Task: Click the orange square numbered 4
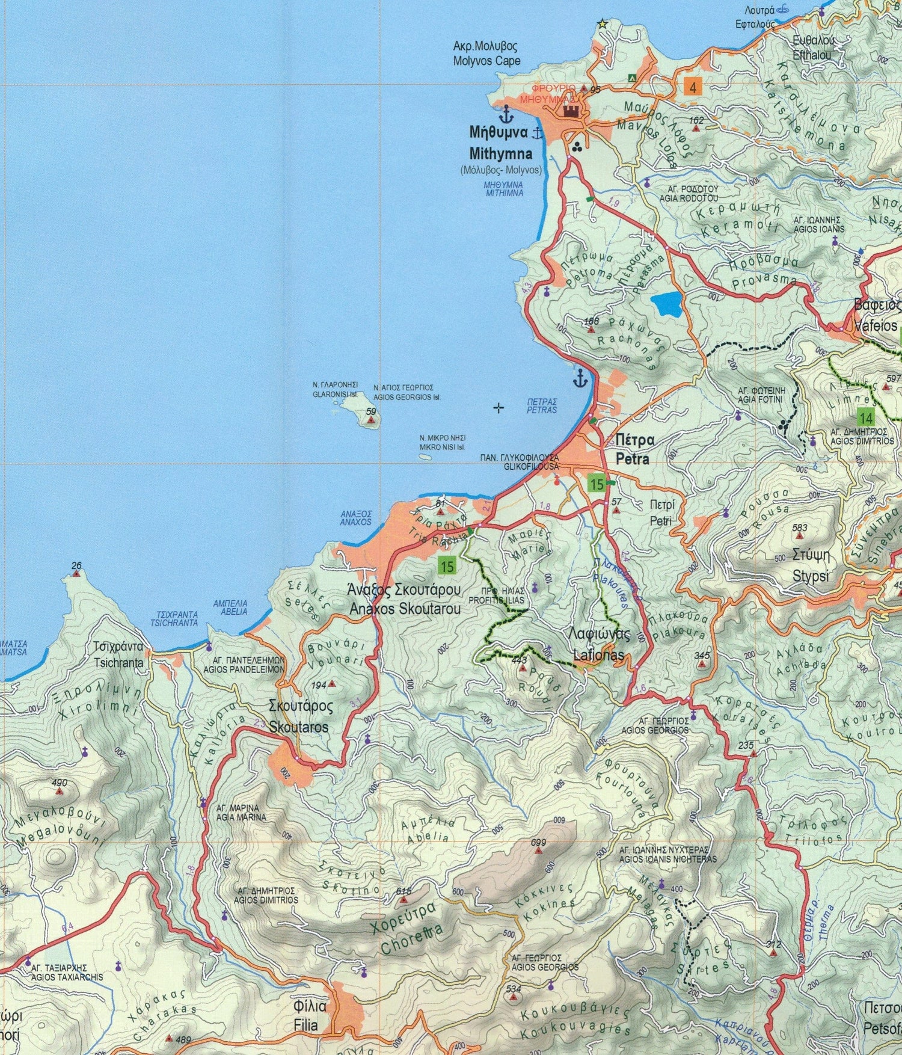[693, 88]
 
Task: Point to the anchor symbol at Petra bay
[580, 378]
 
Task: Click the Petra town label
[633, 449]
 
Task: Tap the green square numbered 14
[865, 418]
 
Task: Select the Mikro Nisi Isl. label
[443, 443]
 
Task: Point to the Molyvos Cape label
[486, 54]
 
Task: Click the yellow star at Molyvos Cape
[601, 24]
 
